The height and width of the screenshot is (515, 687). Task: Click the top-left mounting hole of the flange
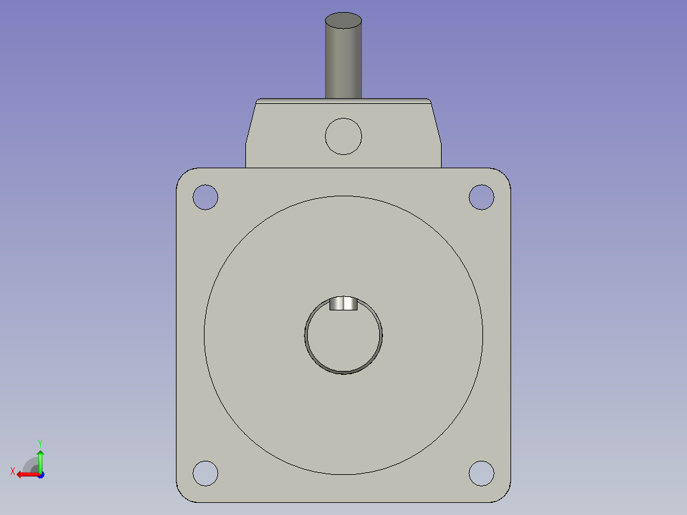[205, 197]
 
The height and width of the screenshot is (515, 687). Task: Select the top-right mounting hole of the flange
[481, 197]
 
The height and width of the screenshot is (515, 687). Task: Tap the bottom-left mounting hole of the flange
[205, 473]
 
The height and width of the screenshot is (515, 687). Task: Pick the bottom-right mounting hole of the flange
[481, 473]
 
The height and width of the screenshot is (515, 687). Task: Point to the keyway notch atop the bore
[343, 303]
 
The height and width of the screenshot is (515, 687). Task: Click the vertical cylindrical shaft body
[343, 64]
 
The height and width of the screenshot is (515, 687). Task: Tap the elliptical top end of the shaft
[343, 21]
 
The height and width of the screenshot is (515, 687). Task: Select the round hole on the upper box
[343, 136]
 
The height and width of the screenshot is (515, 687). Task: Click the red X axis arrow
[25, 474]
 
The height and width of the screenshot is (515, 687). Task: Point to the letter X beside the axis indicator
[12, 471]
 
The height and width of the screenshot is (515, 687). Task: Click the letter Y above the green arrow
[40, 442]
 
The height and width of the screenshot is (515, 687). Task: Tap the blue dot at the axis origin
[40, 474]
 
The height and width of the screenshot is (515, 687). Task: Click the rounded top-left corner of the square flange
[181, 173]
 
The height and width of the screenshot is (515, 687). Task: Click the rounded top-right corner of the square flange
[506, 173]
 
